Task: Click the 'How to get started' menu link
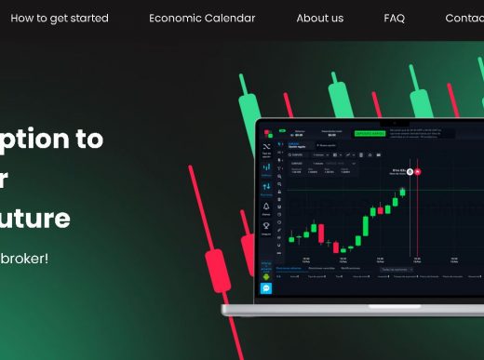[x=60, y=19]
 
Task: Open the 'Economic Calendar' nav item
[x=202, y=19]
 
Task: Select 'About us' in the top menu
[x=319, y=19]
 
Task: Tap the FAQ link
[x=394, y=19]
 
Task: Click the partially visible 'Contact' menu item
[x=464, y=19]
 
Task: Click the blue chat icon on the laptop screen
[x=266, y=288]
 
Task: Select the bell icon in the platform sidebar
[x=266, y=207]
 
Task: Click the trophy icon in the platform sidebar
[x=266, y=224]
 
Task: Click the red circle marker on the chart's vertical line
[x=418, y=171]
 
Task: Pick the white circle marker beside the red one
[x=409, y=171]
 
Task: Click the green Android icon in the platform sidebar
[x=266, y=276]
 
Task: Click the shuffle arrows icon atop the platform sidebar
[x=266, y=147]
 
